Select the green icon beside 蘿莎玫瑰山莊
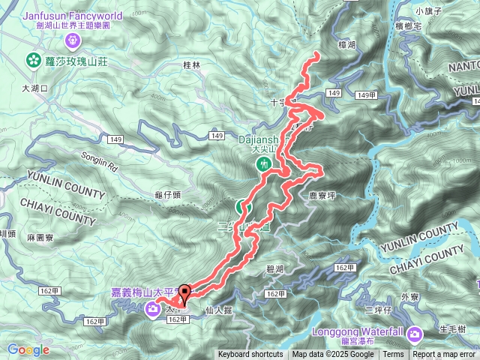tap(33, 60)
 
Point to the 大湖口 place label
tap(34, 88)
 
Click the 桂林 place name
tap(192, 65)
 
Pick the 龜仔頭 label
tap(167, 194)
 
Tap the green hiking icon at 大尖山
tap(263, 163)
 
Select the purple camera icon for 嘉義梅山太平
tap(153, 307)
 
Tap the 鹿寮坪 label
tap(319, 194)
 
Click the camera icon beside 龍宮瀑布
tap(418, 333)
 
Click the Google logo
tap(28, 349)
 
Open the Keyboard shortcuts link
tap(250, 355)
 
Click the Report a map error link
tap(445, 355)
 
